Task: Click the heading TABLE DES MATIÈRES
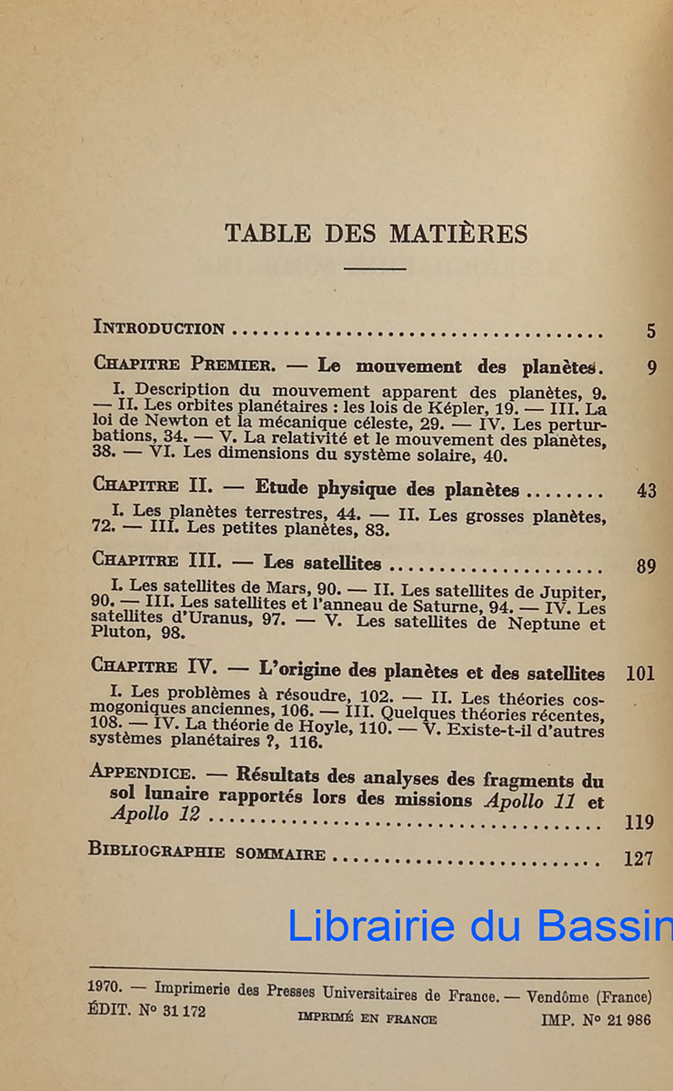coord(376,234)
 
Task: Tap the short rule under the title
coord(375,268)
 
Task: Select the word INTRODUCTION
coord(159,328)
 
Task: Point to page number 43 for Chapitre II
coord(646,491)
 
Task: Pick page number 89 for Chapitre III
coord(646,566)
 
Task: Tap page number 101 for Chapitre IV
coord(640,675)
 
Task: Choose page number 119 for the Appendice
coord(640,823)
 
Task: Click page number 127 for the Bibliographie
coord(638,857)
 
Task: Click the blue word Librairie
coord(371,926)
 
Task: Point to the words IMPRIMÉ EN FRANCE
coord(367,1019)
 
